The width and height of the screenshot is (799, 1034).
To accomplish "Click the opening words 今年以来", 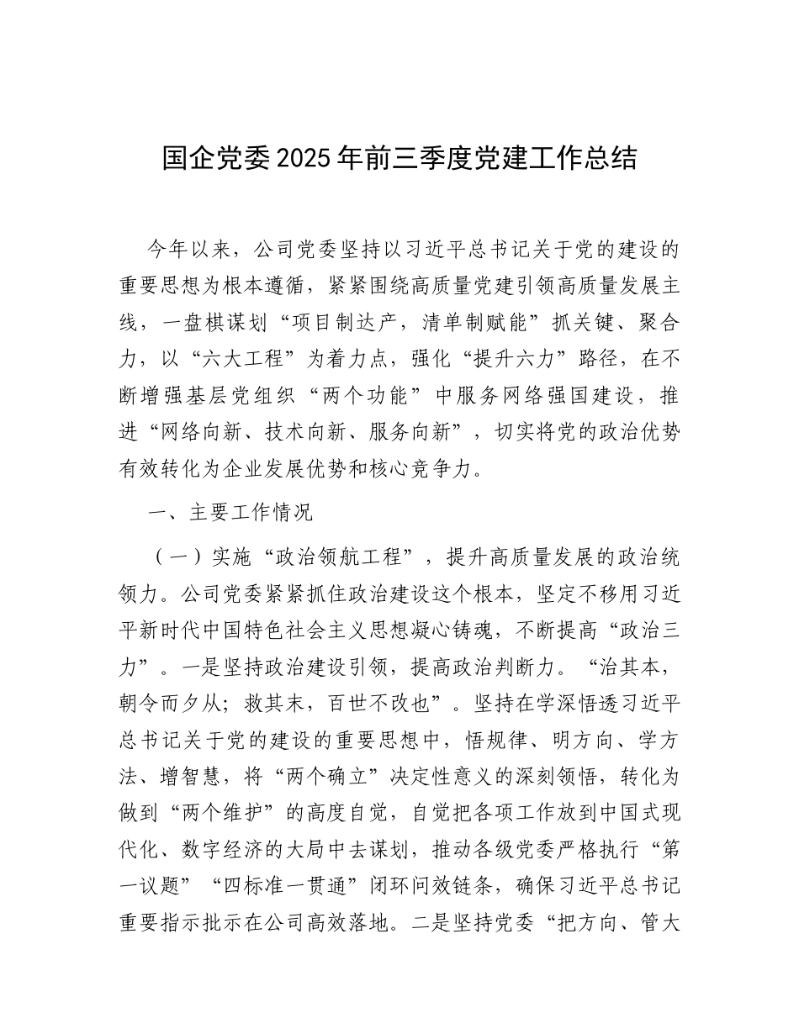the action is pyautogui.click(x=188, y=250).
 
